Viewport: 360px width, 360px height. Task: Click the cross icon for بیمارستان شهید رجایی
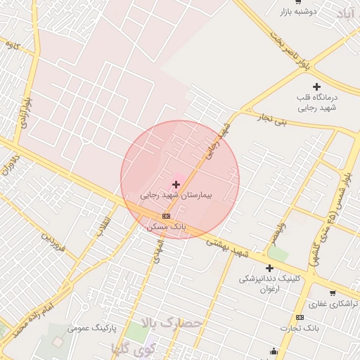(x=176, y=184)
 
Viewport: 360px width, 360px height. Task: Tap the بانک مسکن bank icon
(x=166, y=216)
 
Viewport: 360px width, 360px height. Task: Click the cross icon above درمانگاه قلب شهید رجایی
(x=317, y=86)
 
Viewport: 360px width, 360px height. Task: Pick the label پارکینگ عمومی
(x=91, y=328)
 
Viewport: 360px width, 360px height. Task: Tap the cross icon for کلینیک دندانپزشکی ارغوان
(x=269, y=267)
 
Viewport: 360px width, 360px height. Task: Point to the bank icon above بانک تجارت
(x=300, y=318)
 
